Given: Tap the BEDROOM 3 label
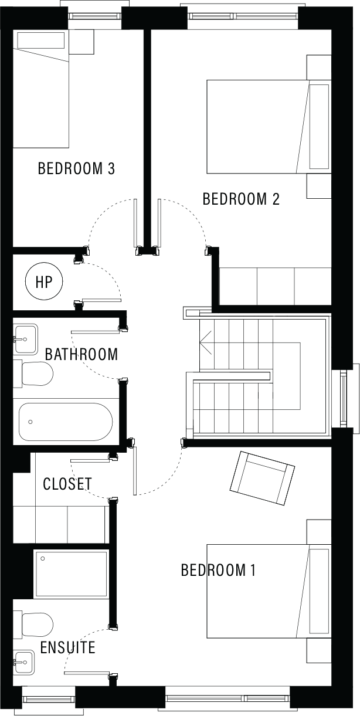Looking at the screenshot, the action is point(76,168).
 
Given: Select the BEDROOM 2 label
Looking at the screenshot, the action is point(241,199).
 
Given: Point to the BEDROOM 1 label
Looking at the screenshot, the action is point(218,570).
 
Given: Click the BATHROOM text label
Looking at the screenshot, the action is point(81,355).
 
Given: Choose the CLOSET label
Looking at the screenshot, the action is point(67,484).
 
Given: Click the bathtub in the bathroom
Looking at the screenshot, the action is point(66,422).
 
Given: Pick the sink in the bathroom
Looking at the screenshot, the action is point(26,339).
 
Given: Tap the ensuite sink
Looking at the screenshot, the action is point(23,661).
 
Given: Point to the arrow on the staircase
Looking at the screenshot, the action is point(205,342).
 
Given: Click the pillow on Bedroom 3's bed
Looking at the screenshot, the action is point(42,40).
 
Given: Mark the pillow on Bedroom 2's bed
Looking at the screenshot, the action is point(319,127).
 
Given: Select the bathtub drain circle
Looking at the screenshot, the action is point(30,422).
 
